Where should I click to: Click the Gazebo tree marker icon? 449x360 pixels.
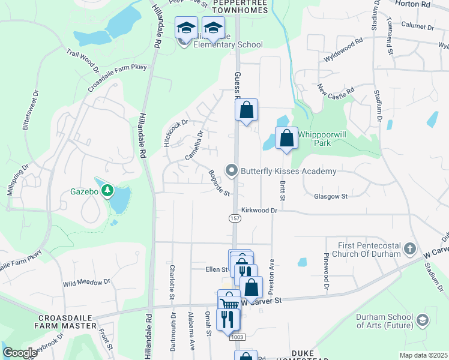(x=107, y=191)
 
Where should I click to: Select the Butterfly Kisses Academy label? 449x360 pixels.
(x=288, y=172)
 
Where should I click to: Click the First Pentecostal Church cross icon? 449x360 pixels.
(x=409, y=248)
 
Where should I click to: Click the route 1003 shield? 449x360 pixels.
(x=235, y=338)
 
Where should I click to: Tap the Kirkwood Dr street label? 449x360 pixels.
(x=259, y=211)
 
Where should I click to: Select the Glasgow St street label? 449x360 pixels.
(x=331, y=196)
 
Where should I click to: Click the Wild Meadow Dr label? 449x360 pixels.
(x=86, y=281)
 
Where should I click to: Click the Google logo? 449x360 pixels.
(x=20, y=353)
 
